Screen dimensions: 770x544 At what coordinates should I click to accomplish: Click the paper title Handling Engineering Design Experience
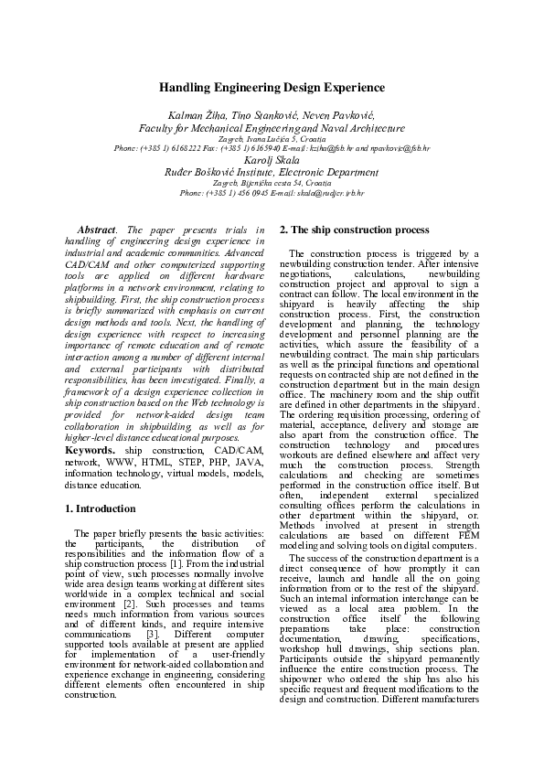tap(272, 88)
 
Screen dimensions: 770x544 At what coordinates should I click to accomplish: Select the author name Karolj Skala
tap(272, 159)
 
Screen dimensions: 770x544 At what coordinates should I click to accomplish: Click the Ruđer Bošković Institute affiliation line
tap(272, 171)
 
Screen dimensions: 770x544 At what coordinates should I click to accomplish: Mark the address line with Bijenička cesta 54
tap(272, 183)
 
